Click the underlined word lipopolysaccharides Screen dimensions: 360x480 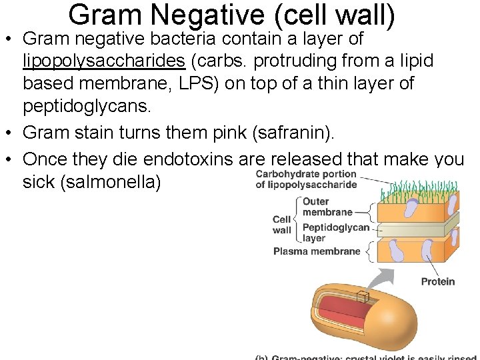coord(104,61)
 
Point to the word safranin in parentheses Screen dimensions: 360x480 coord(299,133)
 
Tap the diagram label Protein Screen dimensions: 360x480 coord(437,281)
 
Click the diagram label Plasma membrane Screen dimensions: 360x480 coord(317,251)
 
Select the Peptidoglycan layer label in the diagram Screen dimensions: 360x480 coord(335,232)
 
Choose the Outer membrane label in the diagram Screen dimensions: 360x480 coord(327,207)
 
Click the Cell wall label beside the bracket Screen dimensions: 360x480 coord(282,225)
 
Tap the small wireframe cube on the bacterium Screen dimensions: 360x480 coord(363,298)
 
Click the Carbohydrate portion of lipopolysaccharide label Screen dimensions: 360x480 coord(306,179)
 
